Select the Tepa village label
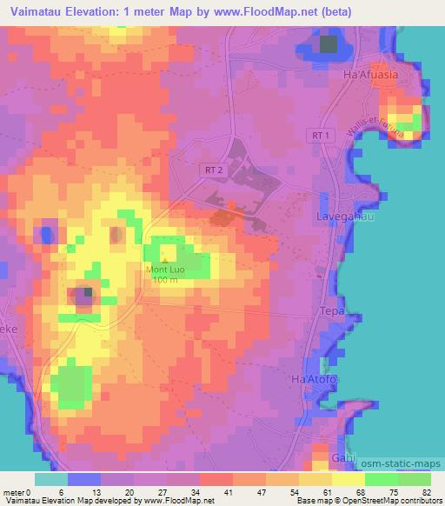(x=334, y=310)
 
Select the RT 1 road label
(x=322, y=136)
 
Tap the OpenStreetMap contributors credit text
(x=386, y=500)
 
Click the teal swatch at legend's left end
(x=50, y=479)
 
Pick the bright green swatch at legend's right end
(x=415, y=479)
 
